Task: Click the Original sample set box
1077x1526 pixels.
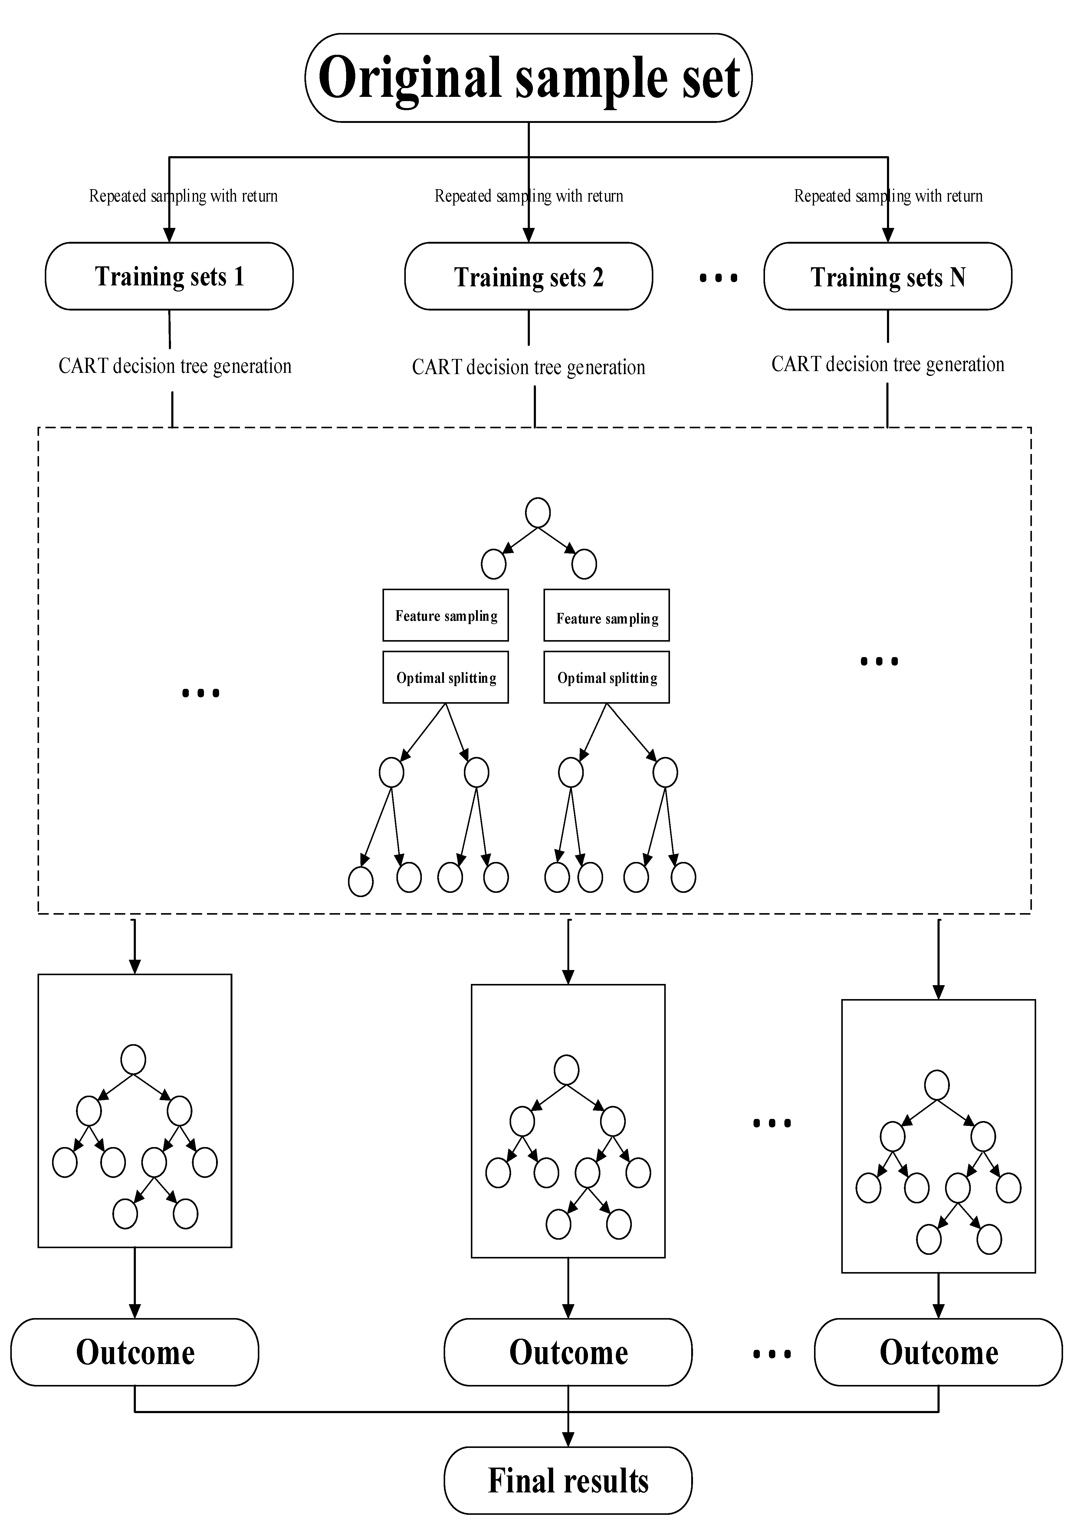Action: (x=528, y=78)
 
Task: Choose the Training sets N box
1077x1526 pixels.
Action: (x=888, y=276)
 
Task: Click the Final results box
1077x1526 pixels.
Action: (x=568, y=1480)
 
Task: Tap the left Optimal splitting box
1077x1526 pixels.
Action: (x=446, y=677)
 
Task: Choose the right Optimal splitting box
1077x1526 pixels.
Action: (x=607, y=677)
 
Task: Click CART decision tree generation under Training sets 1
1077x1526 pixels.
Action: (x=175, y=366)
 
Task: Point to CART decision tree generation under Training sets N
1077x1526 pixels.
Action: (x=888, y=364)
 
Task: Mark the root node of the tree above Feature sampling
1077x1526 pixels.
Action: (x=537, y=512)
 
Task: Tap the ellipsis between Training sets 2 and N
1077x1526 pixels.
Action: (x=718, y=278)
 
